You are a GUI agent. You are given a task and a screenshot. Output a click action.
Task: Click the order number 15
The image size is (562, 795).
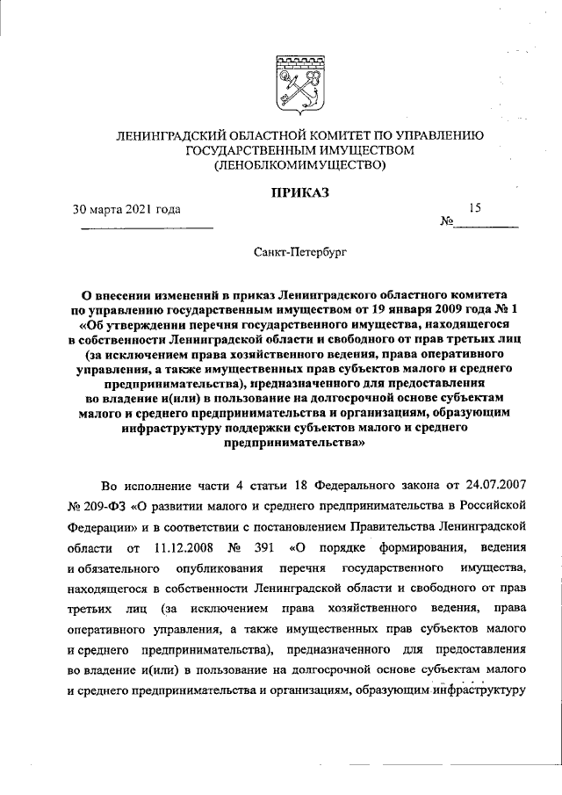click(475, 208)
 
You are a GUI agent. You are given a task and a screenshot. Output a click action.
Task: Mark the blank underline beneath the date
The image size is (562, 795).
click(147, 228)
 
